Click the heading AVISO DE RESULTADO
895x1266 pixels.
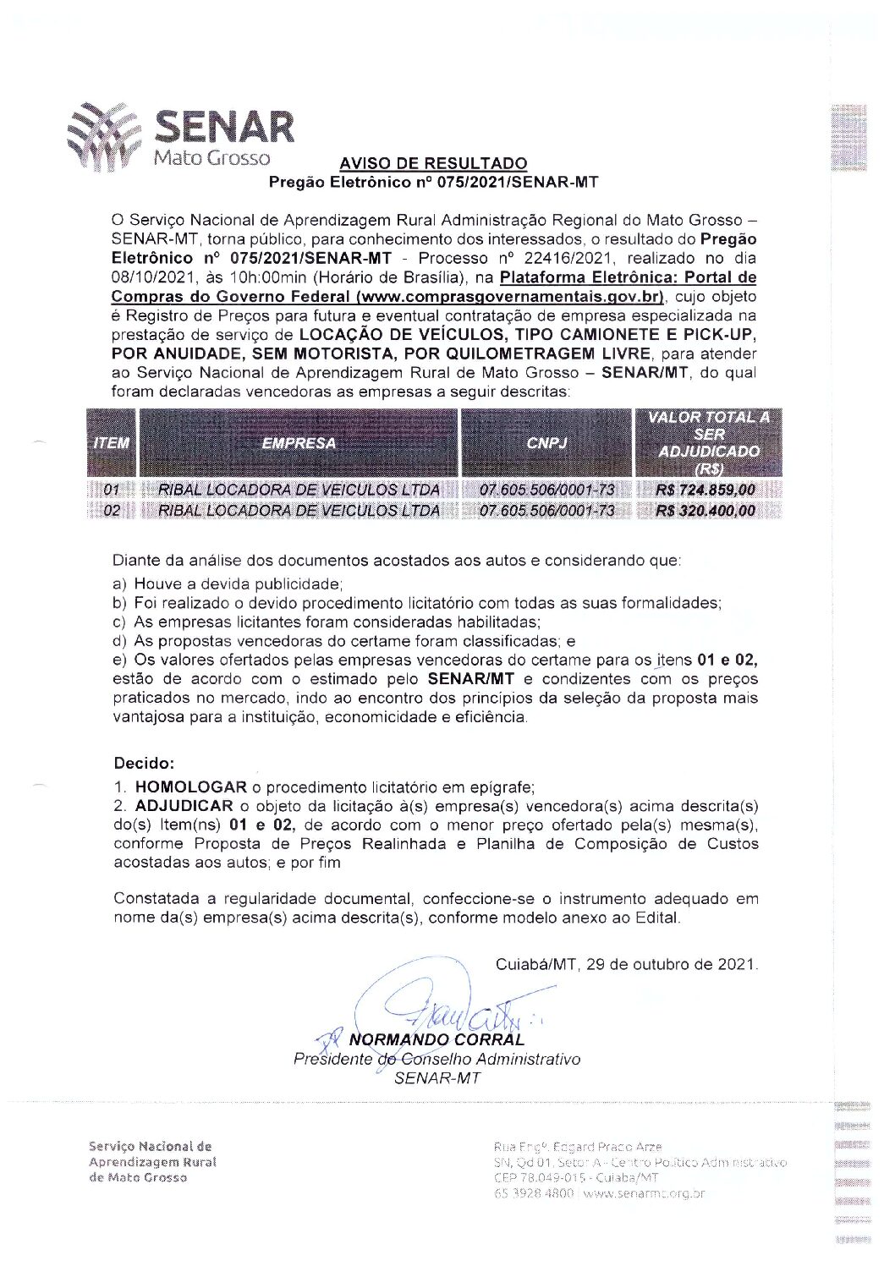pos(433,163)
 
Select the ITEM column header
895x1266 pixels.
pos(111,443)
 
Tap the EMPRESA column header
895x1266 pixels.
pos(299,443)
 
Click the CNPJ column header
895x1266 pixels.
pos(546,443)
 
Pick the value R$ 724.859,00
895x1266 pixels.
pos(706,491)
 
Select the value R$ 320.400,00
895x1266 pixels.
pos(706,511)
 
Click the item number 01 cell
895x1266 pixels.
pos(112,491)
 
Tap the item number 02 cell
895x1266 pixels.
pos(112,511)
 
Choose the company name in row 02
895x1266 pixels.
pos(299,511)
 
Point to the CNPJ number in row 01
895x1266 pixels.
pos(546,491)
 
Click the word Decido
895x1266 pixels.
pos(144,764)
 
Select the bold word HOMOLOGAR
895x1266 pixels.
pos(191,787)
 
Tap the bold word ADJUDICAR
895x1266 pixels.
pos(184,806)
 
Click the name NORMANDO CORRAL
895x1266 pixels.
pos(437,1039)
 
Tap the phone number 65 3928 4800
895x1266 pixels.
pos(534,1193)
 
